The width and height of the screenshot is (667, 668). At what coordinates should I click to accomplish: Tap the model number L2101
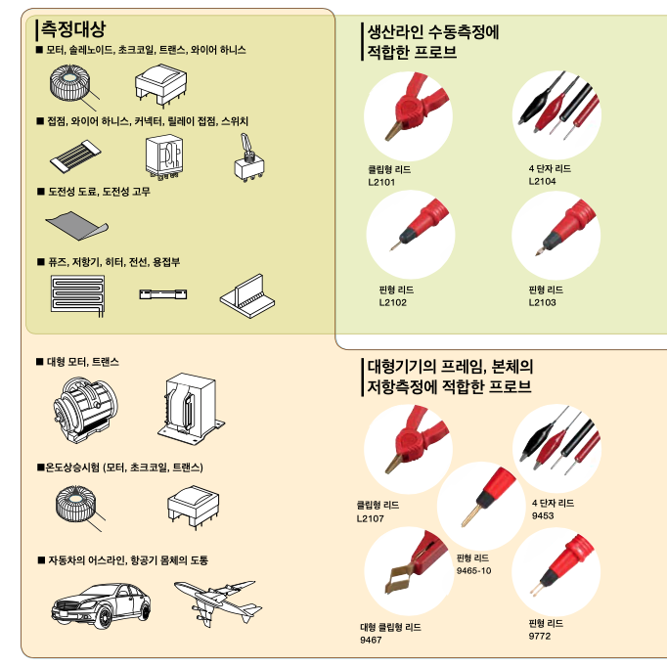click(x=381, y=182)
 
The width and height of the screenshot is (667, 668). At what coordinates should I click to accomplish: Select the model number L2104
click(x=543, y=181)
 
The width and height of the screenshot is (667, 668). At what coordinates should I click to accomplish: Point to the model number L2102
click(x=392, y=302)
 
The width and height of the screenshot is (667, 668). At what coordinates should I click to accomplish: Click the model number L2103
click(x=543, y=302)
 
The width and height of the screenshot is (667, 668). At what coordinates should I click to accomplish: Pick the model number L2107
click(x=372, y=517)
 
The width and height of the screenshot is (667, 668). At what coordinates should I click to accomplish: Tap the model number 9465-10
click(x=473, y=570)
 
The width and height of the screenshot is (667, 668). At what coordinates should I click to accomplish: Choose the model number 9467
click(x=373, y=640)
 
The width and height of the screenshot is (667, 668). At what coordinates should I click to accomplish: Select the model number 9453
click(x=543, y=515)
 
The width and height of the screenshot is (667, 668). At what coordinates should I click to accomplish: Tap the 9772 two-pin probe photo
click(x=555, y=571)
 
